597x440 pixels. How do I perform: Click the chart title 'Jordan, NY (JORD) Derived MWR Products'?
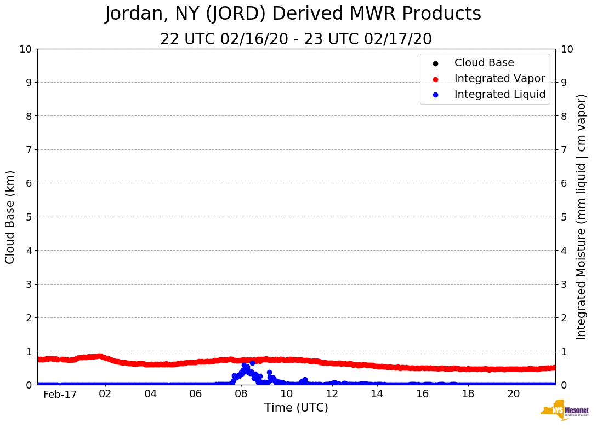(293, 14)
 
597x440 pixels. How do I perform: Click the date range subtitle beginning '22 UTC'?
(296, 39)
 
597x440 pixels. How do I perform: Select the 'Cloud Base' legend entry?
(484, 63)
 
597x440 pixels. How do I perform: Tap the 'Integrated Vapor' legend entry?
(499, 79)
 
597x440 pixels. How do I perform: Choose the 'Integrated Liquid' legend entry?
(500, 95)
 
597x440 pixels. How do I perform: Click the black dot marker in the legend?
(435, 63)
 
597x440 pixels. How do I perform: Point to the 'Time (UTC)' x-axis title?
(296, 408)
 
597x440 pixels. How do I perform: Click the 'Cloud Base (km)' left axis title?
(10, 217)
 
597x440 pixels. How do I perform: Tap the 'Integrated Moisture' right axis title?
(582, 217)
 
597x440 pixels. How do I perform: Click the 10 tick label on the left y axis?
(25, 49)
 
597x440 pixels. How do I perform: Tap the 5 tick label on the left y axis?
(29, 217)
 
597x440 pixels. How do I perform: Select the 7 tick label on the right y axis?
(564, 149)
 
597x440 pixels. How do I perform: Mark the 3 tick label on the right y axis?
(564, 284)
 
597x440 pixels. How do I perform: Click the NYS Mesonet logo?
(565, 410)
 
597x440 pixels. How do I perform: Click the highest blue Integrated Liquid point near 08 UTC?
(252, 363)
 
